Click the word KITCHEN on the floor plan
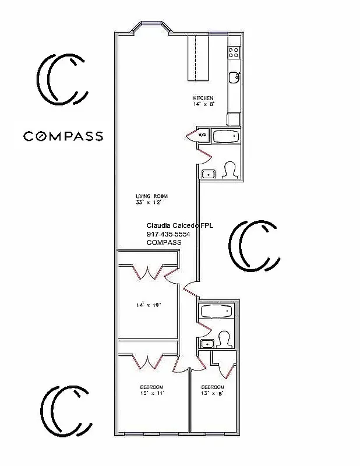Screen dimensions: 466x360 pyautogui.click(x=203, y=98)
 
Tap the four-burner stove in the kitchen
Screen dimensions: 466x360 pyautogui.click(x=234, y=52)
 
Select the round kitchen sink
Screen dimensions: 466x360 pyautogui.click(x=234, y=76)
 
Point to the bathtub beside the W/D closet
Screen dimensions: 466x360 pyautogui.click(x=225, y=137)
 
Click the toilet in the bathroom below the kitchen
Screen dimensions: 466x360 pyautogui.click(x=230, y=170)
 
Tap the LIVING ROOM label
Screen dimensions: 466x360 pyautogui.click(x=148, y=196)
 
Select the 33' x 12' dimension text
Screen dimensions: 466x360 pyautogui.click(x=147, y=203)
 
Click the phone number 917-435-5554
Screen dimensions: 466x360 pyautogui.click(x=168, y=234)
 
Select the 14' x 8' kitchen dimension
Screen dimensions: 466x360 pyautogui.click(x=204, y=104)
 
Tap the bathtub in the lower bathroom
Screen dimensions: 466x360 pyautogui.click(x=216, y=312)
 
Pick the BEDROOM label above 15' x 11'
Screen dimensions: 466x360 pyautogui.click(x=151, y=387)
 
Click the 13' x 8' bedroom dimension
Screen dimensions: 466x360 pyautogui.click(x=213, y=393)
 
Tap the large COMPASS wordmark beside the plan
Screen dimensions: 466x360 pyautogui.click(x=63, y=136)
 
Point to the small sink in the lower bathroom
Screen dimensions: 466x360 pyautogui.click(x=205, y=344)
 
